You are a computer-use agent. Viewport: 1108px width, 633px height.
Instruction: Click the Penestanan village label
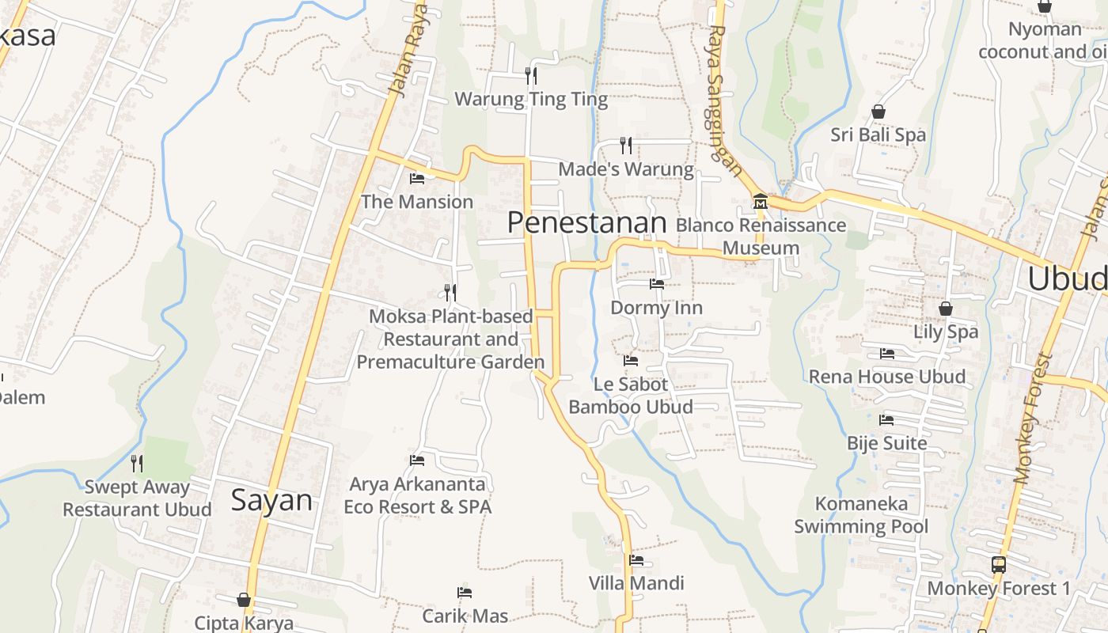click(x=586, y=222)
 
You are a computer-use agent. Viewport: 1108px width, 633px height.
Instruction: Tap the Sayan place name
click(x=271, y=500)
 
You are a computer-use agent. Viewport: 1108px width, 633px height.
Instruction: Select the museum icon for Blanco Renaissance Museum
click(x=760, y=201)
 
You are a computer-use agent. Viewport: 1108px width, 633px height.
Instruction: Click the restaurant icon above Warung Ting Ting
click(x=531, y=76)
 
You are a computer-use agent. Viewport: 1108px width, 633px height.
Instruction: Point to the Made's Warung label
click(x=626, y=169)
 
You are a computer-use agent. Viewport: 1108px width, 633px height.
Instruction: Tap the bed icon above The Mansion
click(x=417, y=178)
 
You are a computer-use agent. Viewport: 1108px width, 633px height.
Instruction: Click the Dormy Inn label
click(x=656, y=307)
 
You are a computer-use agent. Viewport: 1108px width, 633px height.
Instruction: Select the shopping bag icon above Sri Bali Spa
click(x=878, y=112)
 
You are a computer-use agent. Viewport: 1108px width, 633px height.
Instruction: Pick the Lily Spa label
click(x=946, y=332)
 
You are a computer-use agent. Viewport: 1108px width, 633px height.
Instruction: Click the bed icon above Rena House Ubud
click(x=887, y=353)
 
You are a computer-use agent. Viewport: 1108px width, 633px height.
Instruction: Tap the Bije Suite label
click(x=886, y=443)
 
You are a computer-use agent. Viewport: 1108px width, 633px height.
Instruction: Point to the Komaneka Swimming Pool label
click(x=861, y=515)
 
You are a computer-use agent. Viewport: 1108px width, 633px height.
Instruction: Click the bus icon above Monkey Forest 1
click(x=999, y=565)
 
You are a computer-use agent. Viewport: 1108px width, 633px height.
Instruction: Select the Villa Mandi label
click(x=636, y=583)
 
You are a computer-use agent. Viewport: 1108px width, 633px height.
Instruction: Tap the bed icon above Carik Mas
click(x=465, y=592)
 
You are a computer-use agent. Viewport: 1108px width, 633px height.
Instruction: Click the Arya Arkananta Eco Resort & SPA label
click(x=417, y=495)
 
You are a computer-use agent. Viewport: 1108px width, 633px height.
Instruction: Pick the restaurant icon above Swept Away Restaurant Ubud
click(x=137, y=463)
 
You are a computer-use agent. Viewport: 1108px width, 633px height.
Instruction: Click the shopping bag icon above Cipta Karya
click(x=244, y=600)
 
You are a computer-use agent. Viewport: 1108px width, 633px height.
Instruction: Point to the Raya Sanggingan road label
click(x=725, y=100)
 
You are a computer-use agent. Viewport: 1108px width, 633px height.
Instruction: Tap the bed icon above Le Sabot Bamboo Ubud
click(x=631, y=361)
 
